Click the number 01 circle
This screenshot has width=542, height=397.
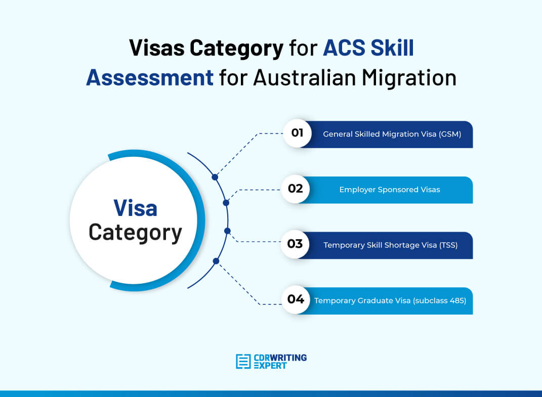point(297,134)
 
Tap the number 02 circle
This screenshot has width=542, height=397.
point(295,189)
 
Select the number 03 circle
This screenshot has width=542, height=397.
point(295,245)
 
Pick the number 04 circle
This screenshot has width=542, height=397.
point(295,300)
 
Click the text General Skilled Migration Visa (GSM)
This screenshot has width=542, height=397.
point(392,134)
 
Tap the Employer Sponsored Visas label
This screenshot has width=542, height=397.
point(389,190)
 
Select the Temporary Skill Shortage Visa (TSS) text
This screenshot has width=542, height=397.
point(390,245)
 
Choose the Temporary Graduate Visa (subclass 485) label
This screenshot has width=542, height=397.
point(390,300)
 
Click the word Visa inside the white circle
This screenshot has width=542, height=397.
point(135,208)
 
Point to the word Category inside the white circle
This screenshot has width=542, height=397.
point(135,233)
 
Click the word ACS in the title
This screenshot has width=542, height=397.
point(344,48)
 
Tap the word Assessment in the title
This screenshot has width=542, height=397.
point(149,77)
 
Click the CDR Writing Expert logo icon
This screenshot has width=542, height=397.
point(243,361)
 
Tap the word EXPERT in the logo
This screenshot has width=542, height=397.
point(270,366)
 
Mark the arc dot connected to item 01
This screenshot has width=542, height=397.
point(215,178)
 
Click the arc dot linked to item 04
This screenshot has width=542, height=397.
point(216,261)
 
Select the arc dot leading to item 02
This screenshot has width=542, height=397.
point(226,203)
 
